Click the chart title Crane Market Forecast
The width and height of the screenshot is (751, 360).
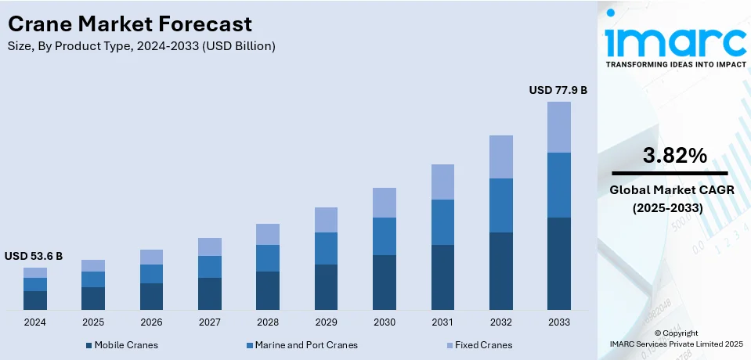[130, 23]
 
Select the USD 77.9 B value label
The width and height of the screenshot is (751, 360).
[558, 90]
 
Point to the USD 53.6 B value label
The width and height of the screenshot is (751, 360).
[34, 256]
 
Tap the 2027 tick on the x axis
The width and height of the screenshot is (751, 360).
[209, 322]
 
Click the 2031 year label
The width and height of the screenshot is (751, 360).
[442, 322]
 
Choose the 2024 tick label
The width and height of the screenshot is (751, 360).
[35, 322]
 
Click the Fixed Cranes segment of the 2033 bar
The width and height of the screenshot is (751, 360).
[558, 127]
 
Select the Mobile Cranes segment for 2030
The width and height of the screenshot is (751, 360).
[384, 282]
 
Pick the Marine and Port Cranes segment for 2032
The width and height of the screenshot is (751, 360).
[500, 205]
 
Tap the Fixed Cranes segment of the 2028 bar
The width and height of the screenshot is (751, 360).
[268, 234]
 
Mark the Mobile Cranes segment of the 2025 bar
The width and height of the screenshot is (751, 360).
[93, 298]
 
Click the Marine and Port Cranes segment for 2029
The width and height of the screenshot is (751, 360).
[326, 248]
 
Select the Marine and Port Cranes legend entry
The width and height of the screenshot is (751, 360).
[301, 344]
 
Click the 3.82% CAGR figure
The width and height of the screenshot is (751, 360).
[674, 156]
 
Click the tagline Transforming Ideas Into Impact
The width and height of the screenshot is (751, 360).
[675, 63]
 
